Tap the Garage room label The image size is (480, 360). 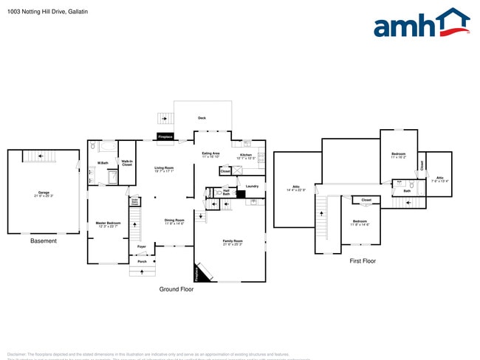pyautogui.click(x=44, y=193)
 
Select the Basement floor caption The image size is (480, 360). pyautogui.click(x=43, y=241)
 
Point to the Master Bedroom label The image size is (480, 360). pyautogui.click(x=108, y=223)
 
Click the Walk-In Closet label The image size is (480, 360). pyautogui.click(x=127, y=163)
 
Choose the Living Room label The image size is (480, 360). pyautogui.click(x=164, y=168)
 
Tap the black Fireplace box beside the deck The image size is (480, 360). pyautogui.click(x=165, y=136)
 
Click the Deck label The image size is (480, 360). pyautogui.click(x=202, y=118)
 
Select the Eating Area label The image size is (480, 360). pyautogui.click(x=211, y=153)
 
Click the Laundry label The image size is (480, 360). pyautogui.click(x=252, y=186)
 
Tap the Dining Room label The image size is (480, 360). pyautogui.click(x=174, y=220)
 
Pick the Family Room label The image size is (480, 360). pyautogui.click(x=233, y=241)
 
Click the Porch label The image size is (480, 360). pyautogui.click(x=142, y=261)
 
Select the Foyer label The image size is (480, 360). pyautogui.click(x=142, y=246)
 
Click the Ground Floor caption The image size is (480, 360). pyautogui.click(x=176, y=289)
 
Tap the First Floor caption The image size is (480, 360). pyautogui.click(x=363, y=260)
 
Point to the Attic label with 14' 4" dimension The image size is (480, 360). pyautogui.click(x=296, y=188)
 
